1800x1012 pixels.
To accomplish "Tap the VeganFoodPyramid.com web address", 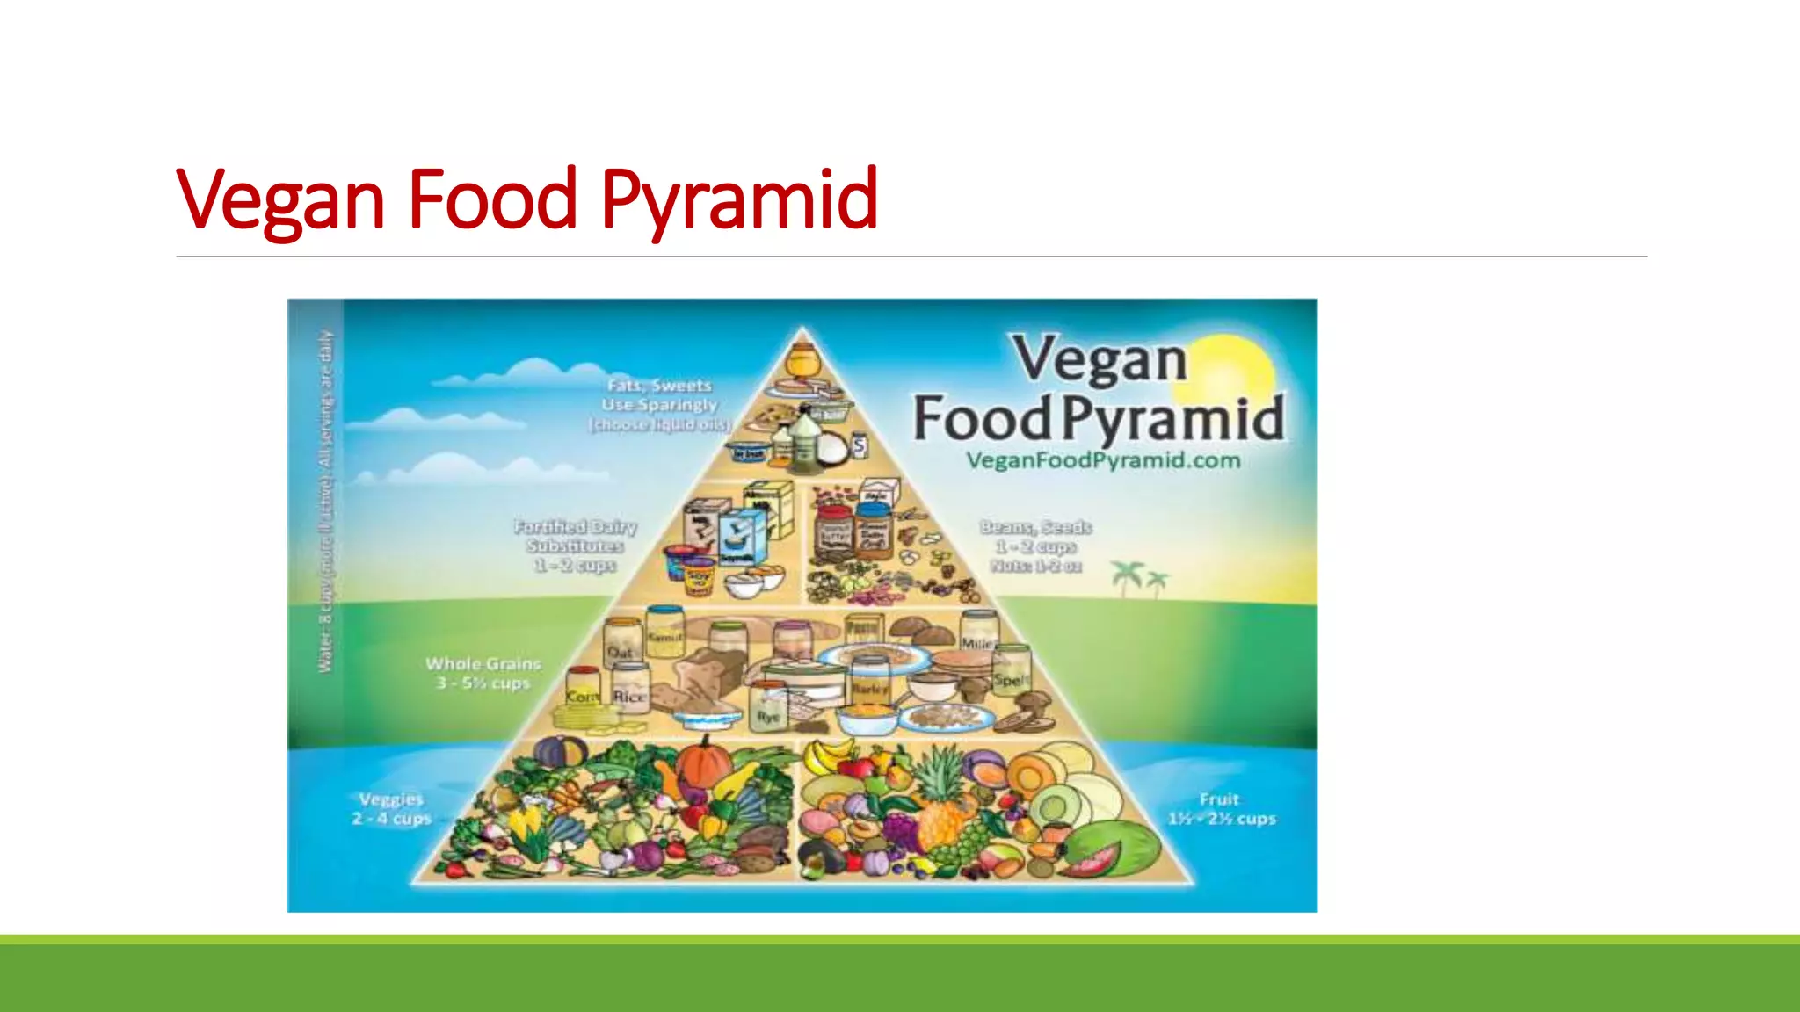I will [x=1103, y=460].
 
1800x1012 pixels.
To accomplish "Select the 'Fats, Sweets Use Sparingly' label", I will [x=659, y=404].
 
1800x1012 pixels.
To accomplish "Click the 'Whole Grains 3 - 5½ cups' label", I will [x=483, y=673].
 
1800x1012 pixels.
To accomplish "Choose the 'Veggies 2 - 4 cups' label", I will [x=391, y=809].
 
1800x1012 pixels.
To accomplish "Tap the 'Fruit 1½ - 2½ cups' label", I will [x=1221, y=809].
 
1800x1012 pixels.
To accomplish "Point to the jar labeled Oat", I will [x=621, y=642].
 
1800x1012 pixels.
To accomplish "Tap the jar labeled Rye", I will [x=768, y=708].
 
